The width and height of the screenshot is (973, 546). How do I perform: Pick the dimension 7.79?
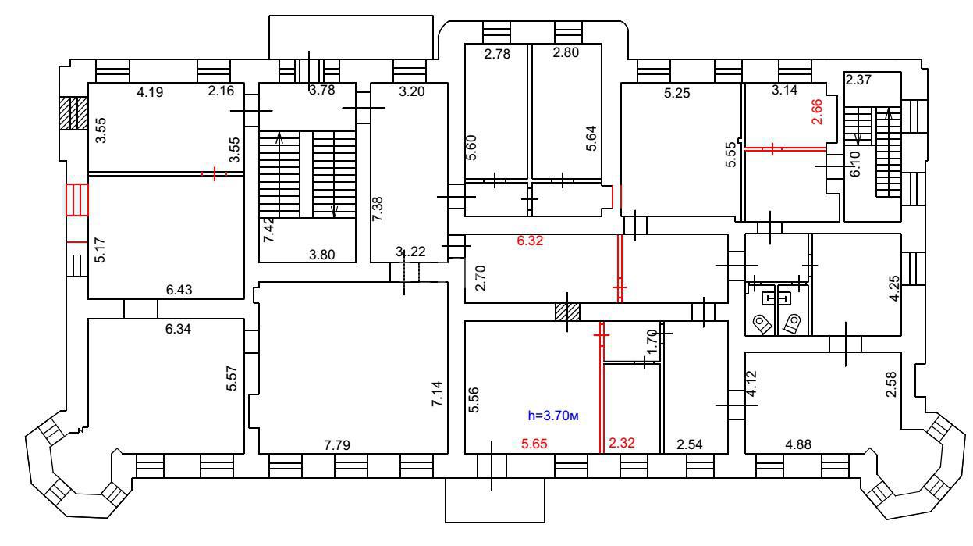point(337,445)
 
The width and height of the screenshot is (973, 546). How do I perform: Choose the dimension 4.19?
point(151,92)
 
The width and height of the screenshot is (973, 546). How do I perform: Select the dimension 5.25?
point(676,92)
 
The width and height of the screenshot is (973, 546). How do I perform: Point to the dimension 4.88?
point(797,445)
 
